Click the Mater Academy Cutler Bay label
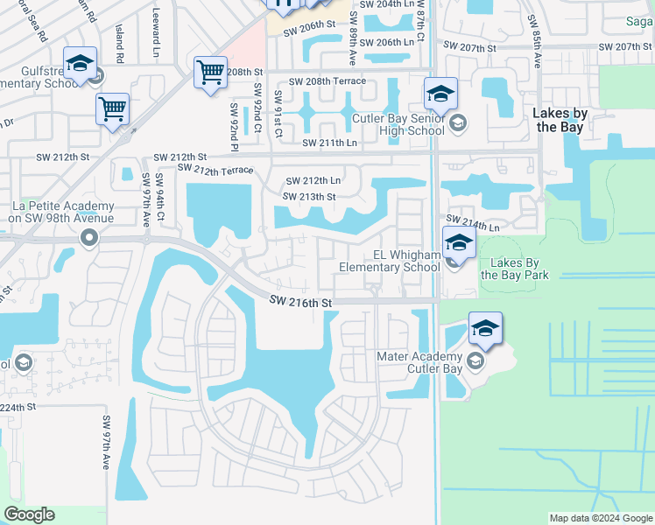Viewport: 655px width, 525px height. [419, 362]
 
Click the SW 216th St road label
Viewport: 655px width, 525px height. [301, 302]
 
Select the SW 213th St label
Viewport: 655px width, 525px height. [309, 197]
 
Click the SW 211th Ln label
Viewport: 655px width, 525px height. [330, 143]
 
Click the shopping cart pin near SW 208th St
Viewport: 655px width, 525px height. [210, 73]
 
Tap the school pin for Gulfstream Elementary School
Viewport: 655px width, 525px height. [80, 64]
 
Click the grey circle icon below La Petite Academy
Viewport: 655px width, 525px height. [88, 237]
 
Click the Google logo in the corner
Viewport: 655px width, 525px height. [30, 514]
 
